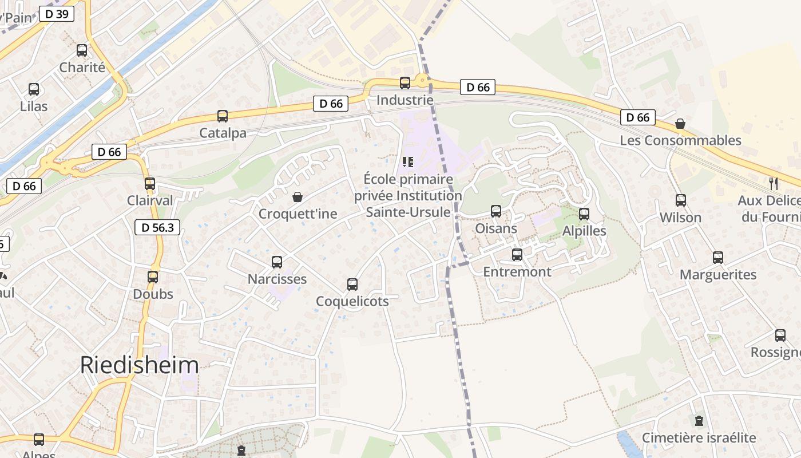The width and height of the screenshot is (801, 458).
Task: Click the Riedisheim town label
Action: click(139, 365)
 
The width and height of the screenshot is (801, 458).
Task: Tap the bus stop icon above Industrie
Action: click(405, 82)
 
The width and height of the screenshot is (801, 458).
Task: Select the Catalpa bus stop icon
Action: click(223, 116)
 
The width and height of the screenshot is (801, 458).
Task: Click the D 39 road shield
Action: click(57, 14)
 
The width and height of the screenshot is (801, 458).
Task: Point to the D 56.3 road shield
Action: click(157, 227)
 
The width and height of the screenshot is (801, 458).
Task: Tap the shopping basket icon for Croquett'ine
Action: click(298, 197)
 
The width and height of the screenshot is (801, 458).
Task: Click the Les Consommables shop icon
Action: click(680, 124)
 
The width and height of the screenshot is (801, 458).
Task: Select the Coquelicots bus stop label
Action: click(352, 301)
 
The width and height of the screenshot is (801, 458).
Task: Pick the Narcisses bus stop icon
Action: click(277, 262)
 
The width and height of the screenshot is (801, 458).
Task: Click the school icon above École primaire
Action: click(407, 162)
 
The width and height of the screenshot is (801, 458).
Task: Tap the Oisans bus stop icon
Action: click(496, 211)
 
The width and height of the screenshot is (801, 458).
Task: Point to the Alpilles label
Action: click(584, 231)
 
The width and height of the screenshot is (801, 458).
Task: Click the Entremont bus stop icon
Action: click(517, 255)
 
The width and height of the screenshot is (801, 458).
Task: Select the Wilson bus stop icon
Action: click(680, 200)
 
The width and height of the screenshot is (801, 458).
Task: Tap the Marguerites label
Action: click(718, 275)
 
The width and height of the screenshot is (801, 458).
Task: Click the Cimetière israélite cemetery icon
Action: click(699, 421)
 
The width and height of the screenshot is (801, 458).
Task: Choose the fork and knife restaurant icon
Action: click(773, 183)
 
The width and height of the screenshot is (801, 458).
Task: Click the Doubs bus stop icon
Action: click(153, 277)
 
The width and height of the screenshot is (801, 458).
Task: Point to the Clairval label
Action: click(150, 201)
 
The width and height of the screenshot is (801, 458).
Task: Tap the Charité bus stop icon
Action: click(82, 50)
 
